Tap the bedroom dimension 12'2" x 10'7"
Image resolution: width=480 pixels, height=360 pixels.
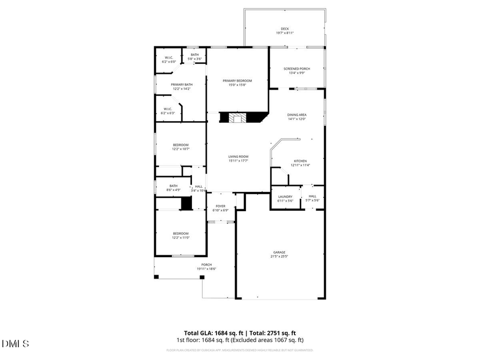tap(181, 149)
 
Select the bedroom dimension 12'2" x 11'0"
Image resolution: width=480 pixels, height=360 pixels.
tap(181, 238)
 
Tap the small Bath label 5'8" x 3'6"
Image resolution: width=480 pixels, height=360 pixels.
tap(195, 56)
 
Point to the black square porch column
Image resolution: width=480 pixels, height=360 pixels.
tap(156, 277)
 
